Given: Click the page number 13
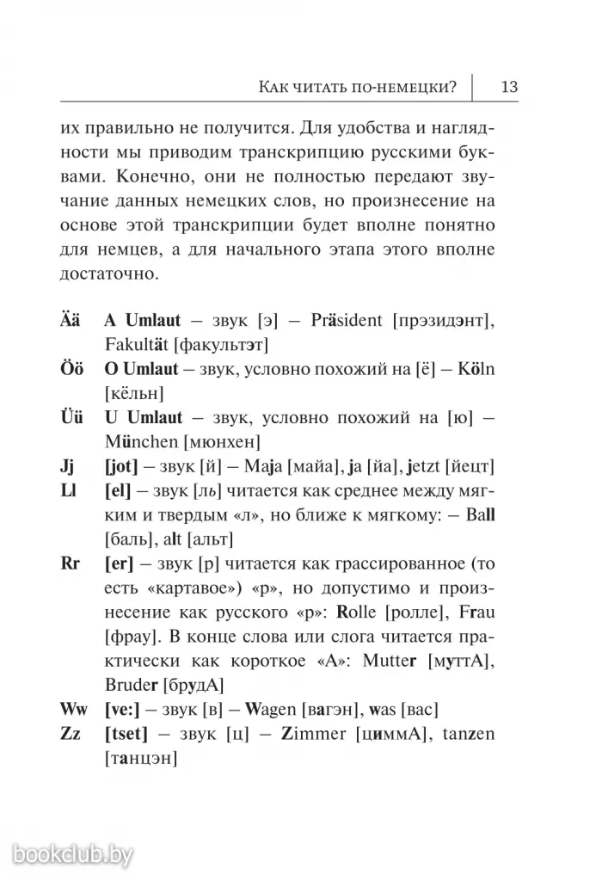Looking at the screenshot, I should click(507, 86).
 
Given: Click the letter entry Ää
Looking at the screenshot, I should click(71, 321).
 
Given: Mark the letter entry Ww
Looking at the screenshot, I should click(74, 710).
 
